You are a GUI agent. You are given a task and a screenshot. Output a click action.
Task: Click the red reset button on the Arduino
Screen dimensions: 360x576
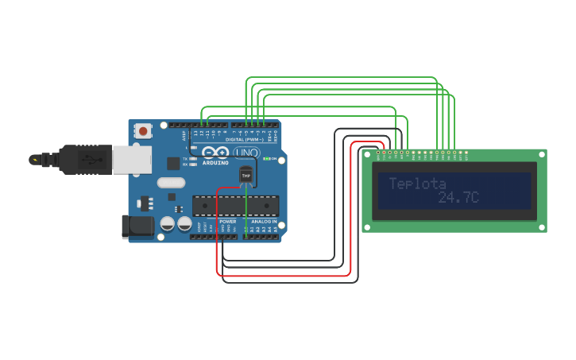(x=143, y=130)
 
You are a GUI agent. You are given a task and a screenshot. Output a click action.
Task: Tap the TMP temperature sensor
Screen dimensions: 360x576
(x=245, y=176)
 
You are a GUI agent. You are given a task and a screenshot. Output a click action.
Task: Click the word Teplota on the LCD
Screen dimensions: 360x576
(x=417, y=184)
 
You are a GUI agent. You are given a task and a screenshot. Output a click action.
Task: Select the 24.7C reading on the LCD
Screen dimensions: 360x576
(x=458, y=197)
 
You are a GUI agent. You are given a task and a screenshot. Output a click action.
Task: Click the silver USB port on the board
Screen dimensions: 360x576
(x=131, y=159)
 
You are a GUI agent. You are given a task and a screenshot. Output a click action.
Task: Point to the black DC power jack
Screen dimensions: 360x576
(x=137, y=226)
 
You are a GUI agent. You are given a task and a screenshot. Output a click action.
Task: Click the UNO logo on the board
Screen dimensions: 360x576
(x=246, y=152)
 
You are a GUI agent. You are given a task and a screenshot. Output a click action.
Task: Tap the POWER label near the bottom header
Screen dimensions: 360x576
(x=227, y=222)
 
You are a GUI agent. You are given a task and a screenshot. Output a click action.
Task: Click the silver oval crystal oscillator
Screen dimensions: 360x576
(x=171, y=182)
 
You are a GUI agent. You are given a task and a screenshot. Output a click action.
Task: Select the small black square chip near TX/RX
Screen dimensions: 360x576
(x=173, y=164)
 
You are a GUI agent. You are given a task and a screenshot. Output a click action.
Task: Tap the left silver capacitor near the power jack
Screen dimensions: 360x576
(x=168, y=224)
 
